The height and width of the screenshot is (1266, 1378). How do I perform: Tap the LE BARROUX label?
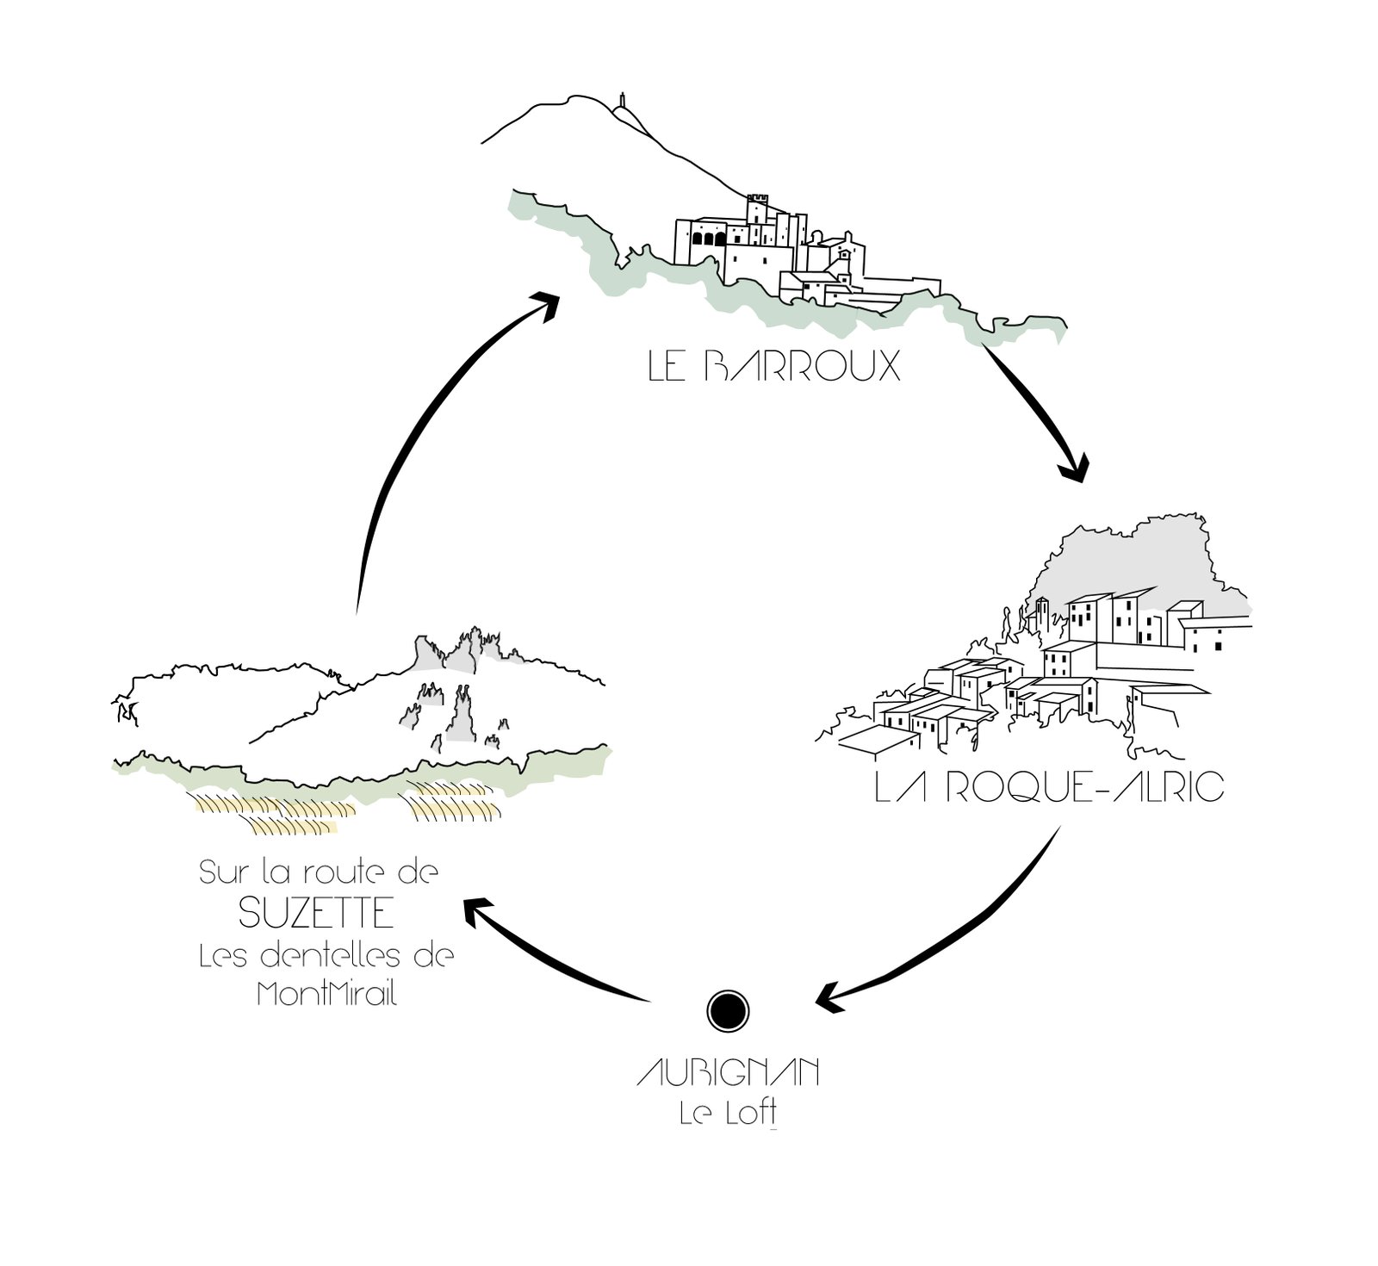[773, 367]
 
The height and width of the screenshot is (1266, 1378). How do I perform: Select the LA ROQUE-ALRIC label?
[1048, 788]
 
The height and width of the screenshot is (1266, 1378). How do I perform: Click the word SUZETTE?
[316, 914]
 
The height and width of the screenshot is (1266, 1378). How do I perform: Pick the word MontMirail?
[326, 995]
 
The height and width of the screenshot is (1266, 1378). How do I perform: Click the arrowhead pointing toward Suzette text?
[478, 909]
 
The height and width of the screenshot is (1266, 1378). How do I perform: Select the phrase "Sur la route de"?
[319, 873]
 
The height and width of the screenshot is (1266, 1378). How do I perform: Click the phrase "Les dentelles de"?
[326, 956]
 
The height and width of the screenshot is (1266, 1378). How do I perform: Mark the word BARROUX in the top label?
[802, 367]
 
